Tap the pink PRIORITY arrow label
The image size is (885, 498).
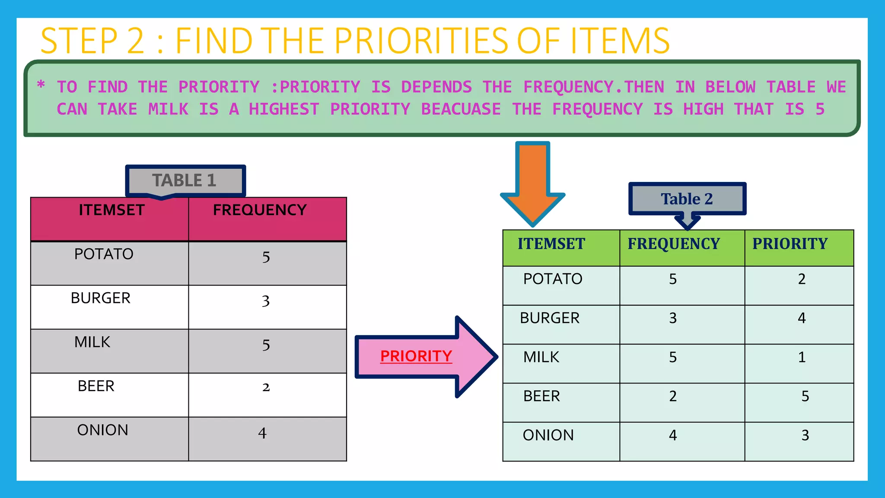point(416,356)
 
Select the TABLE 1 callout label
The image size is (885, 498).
point(185,180)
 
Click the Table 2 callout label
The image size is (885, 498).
point(687,199)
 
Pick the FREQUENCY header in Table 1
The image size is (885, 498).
point(260,210)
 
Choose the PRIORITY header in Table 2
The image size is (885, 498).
point(790,244)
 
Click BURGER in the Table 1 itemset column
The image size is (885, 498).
point(101,298)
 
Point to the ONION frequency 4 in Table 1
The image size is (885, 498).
point(262,433)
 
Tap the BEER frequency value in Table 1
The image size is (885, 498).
point(266,387)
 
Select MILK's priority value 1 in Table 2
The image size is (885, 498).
point(802,357)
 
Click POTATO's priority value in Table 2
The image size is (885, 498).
point(802,279)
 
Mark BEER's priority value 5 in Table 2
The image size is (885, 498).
point(805,396)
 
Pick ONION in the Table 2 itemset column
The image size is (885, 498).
point(548,435)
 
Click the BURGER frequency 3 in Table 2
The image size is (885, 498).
point(673,318)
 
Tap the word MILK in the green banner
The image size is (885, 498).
point(168,109)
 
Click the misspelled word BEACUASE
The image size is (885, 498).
point(461,109)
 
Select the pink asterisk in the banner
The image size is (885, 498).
point(41,84)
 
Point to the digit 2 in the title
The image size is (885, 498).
point(136,41)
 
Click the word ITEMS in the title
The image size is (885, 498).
point(620,41)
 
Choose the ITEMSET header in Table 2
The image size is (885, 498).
point(551,244)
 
